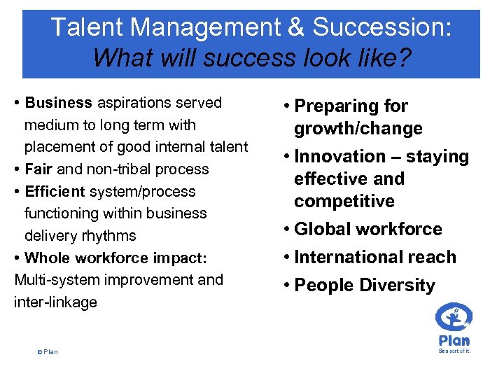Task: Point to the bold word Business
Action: point(59,103)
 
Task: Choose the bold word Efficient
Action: point(55,191)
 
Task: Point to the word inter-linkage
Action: point(55,302)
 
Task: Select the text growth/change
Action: point(358,129)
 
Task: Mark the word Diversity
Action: point(397,286)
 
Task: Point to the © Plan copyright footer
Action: point(48,351)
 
